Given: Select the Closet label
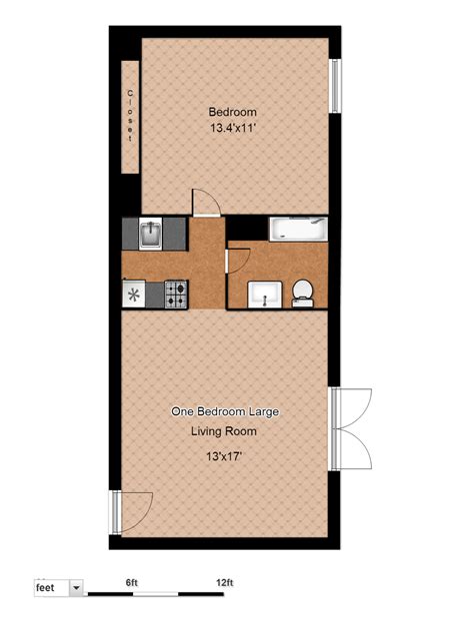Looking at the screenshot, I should pyautogui.click(x=130, y=116).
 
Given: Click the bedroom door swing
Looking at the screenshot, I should pyautogui.click(x=205, y=203).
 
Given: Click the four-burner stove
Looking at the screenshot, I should pyautogui.click(x=177, y=294).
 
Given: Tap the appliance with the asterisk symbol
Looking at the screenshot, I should pyautogui.click(x=133, y=294).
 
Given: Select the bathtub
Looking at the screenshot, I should pyautogui.click(x=297, y=229).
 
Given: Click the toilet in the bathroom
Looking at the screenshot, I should pyautogui.click(x=303, y=293).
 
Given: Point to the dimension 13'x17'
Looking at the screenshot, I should pyautogui.click(x=224, y=455).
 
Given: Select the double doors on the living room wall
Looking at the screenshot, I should pyautogui.click(x=353, y=429).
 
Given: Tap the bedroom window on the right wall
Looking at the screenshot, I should pyautogui.click(x=336, y=87).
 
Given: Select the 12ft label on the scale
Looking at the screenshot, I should pyautogui.click(x=224, y=583).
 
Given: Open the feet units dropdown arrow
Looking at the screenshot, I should pyautogui.click(x=75, y=589).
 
